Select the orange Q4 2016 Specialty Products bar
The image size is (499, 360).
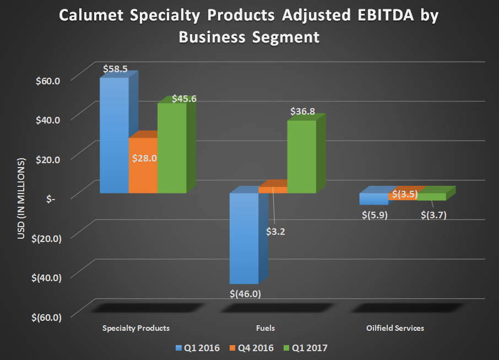click(x=143, y=165)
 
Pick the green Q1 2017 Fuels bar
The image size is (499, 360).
click(x=301, y=157)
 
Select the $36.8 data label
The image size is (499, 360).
click(x=302, y=111)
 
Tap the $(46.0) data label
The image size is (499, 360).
click(x=245, y=293)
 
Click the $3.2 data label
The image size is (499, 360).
click(x=275, y=232)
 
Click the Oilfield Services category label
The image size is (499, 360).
click(x=395, y=328)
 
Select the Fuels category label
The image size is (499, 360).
click(x=265, y=328)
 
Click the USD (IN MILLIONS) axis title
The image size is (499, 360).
click(x=21, y=198)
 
